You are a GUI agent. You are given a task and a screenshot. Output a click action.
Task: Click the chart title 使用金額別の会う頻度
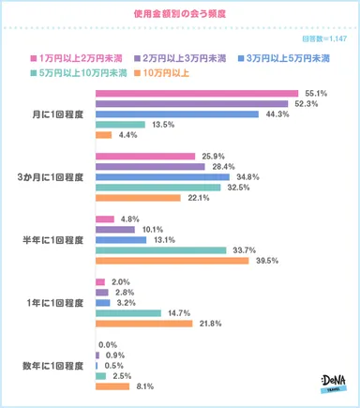[x=180, y=15]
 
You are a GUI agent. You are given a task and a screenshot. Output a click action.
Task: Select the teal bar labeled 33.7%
[x=160, y=249]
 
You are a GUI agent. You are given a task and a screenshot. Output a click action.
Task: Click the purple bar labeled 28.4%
[x=150, y=166]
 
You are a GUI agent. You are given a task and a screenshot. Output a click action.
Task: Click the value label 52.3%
[x=305, y=104]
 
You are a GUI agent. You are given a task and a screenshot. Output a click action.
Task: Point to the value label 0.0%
[x=108, y=345]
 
